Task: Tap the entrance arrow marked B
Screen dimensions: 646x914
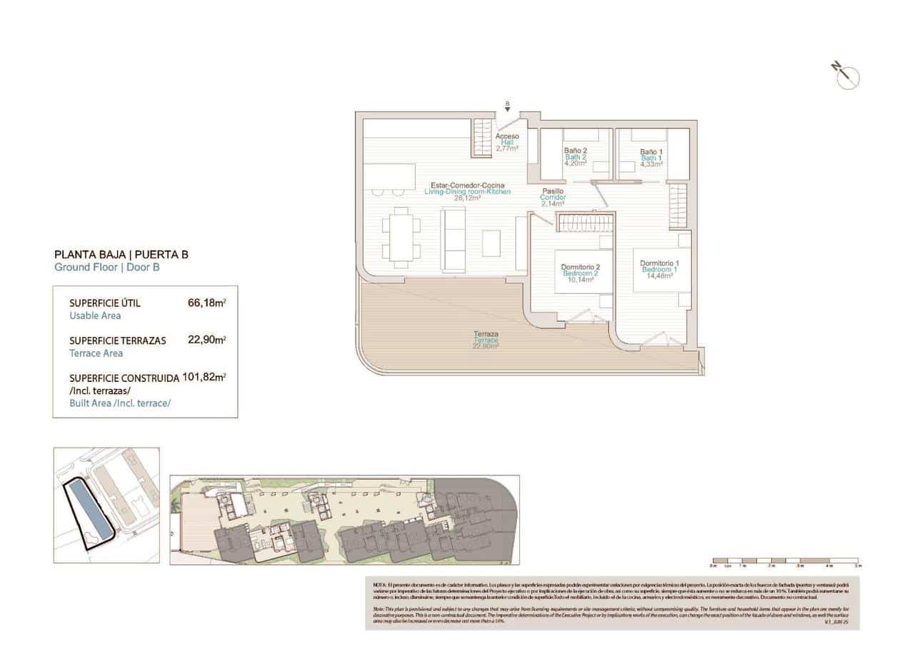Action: [507, 108]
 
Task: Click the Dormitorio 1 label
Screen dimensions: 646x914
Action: [659, 269]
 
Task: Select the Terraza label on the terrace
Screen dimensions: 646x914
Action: [486, 340]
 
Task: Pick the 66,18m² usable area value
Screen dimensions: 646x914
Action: [206, 303]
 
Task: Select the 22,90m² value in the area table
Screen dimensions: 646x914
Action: [206, 340]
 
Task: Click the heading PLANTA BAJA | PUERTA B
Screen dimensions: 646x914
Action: [121, 254]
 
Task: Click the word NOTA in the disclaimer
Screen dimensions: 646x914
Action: [380, 585]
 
